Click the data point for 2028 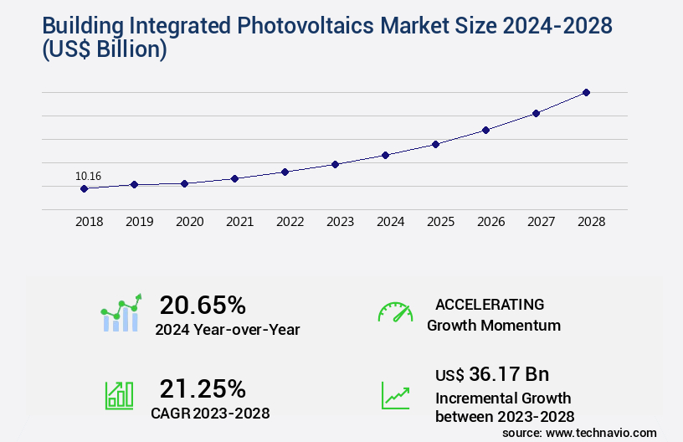click(586, 92)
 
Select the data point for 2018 click(84, 188)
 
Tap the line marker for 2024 click(385, 155)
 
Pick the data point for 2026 click(485, 130)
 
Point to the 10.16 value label click(88, 176)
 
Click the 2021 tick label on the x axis click(239, 222)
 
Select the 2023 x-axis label click(340, 222)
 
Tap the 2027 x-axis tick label click(541, 222)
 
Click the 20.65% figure click(203, 305)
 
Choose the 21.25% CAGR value click(203, 388)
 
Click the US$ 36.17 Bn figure click(492, 373)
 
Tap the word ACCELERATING click(490, 304)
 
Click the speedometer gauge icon click(395, 312)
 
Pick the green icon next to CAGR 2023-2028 click(119, 395)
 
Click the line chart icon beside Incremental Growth click(395, 395)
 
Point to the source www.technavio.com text click(579, 432)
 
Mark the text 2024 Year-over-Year click(227, 329)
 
